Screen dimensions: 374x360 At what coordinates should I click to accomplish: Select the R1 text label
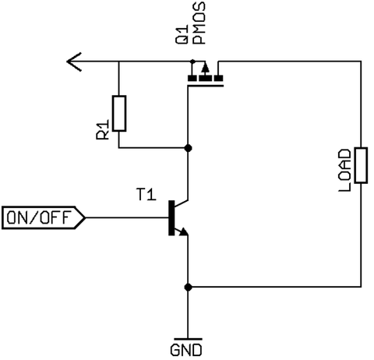(103, 130)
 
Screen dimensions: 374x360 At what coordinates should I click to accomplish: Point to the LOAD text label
(344, 171)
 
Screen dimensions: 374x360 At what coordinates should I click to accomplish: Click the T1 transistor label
(146, 195)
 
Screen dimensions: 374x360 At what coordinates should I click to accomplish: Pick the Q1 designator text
(182, 35)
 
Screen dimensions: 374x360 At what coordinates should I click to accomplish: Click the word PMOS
(199, 23)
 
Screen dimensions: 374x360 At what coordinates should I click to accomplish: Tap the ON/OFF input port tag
(44, 217)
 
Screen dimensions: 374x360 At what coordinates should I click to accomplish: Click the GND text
(186, 350)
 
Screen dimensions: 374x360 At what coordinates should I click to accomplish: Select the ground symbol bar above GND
(188, 339)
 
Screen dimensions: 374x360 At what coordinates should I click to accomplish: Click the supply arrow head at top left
(74, 62)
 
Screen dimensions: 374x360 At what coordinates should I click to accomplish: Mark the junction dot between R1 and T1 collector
(188, 148)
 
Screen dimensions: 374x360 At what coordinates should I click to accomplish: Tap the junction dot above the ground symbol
(188, 287)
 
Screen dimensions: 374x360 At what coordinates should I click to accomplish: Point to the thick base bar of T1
(171, 218)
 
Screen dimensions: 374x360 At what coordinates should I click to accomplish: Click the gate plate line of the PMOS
(205, 86)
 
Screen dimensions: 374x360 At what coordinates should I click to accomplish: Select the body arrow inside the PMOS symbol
(206, 68)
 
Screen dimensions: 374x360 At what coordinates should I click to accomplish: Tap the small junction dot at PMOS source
(192, 62)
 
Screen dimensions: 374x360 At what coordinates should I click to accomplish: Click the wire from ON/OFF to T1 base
(127, 217)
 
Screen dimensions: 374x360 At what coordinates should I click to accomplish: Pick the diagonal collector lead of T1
(182, 203)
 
